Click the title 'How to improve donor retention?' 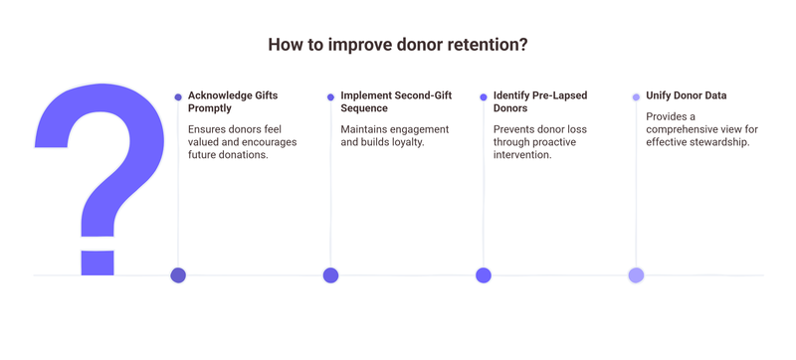click(398, 46)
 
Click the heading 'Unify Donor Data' click(686, 95)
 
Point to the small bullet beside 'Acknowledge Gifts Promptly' click(178, 96)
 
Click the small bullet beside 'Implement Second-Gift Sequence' click(330, 96)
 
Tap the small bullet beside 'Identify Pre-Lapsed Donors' click(484, 96)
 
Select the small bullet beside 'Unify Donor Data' click(636, 96)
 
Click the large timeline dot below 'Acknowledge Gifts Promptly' click(178, 275)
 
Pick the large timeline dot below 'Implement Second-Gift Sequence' click(330, 275)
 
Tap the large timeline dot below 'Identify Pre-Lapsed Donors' click(484, 275)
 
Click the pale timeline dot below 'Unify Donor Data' click(636, 275)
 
